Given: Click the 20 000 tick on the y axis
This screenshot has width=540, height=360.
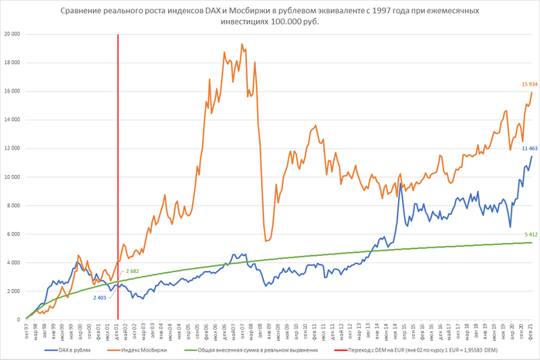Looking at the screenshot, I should pos(12,34).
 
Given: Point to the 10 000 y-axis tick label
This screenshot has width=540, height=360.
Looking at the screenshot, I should pos(12,177).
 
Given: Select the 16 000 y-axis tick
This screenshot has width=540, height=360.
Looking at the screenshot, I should pos(12,91).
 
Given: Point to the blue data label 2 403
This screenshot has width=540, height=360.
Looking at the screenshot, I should pos(101,297).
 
